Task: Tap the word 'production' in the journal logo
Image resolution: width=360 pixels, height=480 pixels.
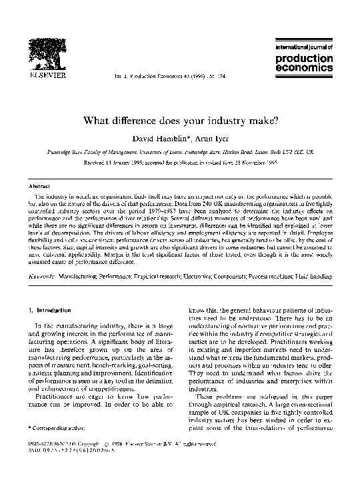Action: point(303,59)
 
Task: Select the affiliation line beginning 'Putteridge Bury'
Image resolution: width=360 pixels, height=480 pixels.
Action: point(180,152)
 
